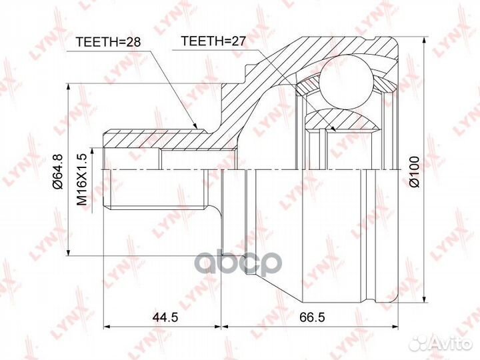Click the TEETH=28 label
click(x=108, y=42)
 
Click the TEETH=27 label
click(x=213, y=41)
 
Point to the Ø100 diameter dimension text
click(x=414, y=171)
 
